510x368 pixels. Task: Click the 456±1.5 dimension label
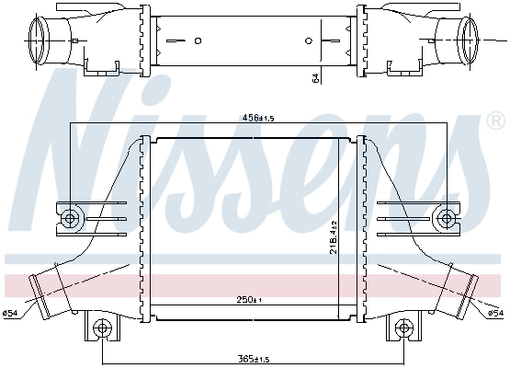click(x=254, y=118)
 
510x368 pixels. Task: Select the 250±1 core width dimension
click(x=250, y=301)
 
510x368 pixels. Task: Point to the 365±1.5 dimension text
click(x=254, y=358)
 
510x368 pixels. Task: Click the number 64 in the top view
click(x=314, y=78)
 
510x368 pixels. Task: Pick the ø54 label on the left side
click(x=11, y=313)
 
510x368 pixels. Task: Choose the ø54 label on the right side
click(x=494, y=313)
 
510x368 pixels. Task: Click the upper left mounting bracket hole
click(x=72, y=217)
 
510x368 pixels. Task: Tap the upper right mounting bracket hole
click(x=447, y=217)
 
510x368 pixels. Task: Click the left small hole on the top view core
click(x=198, y=40)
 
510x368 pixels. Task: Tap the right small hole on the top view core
click(x=309, y=40)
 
